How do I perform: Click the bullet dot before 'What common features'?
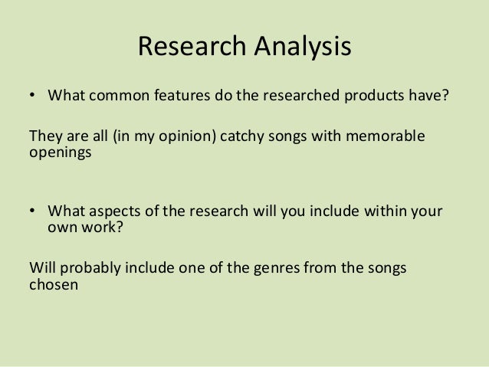coord(32,97)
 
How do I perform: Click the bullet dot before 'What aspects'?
coord(32,210)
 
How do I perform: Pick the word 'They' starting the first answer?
coord(42,136)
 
